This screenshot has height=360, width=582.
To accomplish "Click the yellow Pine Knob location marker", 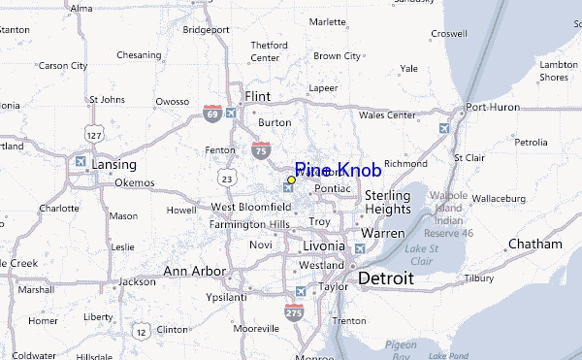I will coord(291,180).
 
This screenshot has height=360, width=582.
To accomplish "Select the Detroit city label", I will coord(385,278).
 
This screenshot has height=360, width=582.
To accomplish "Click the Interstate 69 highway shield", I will coord(212,114).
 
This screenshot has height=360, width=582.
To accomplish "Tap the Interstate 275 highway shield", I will coord(294,312).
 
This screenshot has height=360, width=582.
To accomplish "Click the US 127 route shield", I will coord(93,131).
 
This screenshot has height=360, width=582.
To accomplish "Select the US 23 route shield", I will coord(226,179).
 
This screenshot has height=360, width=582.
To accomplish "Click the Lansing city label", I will coord(113,165).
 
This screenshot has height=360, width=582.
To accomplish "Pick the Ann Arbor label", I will coord(195,271).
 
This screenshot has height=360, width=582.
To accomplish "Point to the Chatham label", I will coord(534,244).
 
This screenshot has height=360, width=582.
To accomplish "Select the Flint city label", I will coord(257,97).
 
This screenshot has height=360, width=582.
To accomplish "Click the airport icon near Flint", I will coord(231,113).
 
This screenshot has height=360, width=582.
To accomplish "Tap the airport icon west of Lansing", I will coord(80,161).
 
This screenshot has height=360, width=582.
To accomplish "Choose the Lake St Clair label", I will coord(420,255).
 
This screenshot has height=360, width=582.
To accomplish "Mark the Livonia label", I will coord(324,245).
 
